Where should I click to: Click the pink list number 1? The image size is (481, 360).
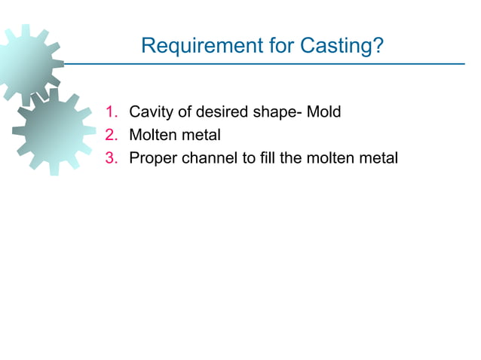tap(112, 113)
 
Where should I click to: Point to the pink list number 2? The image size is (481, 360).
tap(112, 136)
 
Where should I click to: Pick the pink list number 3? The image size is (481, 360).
tap(112, 158)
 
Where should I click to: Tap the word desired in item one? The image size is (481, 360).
tap(220, 113)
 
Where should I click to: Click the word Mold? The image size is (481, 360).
tap(324, 113)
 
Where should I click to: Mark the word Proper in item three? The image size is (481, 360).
tap(152, 158)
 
